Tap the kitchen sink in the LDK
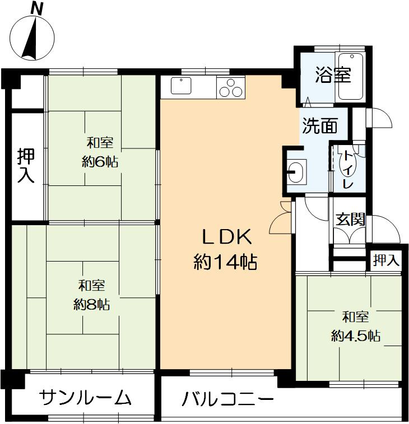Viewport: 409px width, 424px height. tap(182, 87)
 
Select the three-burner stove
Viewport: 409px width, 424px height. tap(230, 88)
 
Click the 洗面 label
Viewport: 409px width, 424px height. tap(320, 126)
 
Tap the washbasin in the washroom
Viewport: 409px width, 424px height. tap(297, 170)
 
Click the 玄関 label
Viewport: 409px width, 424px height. tap(350, 219)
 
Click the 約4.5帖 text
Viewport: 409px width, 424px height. tap(356, 336)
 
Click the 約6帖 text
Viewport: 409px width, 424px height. tap(100, 162)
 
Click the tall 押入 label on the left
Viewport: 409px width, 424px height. tap(26, 166)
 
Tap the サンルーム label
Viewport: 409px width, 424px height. tap(86, 398)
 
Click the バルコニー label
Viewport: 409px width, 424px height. tap(228, 399)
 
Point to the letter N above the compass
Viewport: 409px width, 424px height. tap(37, 8)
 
